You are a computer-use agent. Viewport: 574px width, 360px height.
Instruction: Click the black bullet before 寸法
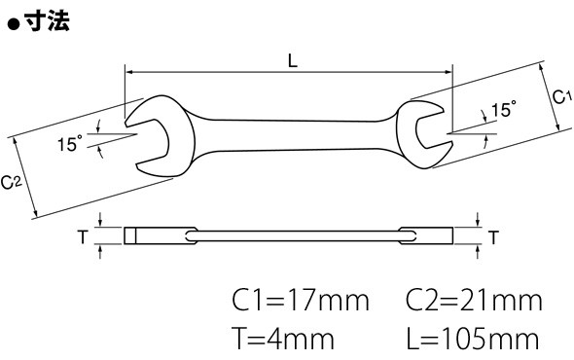14,25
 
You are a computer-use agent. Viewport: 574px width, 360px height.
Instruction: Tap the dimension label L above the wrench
293,60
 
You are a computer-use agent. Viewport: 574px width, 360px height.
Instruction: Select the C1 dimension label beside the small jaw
561,97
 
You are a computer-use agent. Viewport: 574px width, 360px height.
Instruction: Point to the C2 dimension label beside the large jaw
11,182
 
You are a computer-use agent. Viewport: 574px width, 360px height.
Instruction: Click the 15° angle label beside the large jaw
69,143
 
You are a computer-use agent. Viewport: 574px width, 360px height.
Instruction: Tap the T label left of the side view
84,237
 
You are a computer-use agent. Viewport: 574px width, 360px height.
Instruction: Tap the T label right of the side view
494,237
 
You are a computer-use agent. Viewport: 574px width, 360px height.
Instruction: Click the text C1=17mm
301,301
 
